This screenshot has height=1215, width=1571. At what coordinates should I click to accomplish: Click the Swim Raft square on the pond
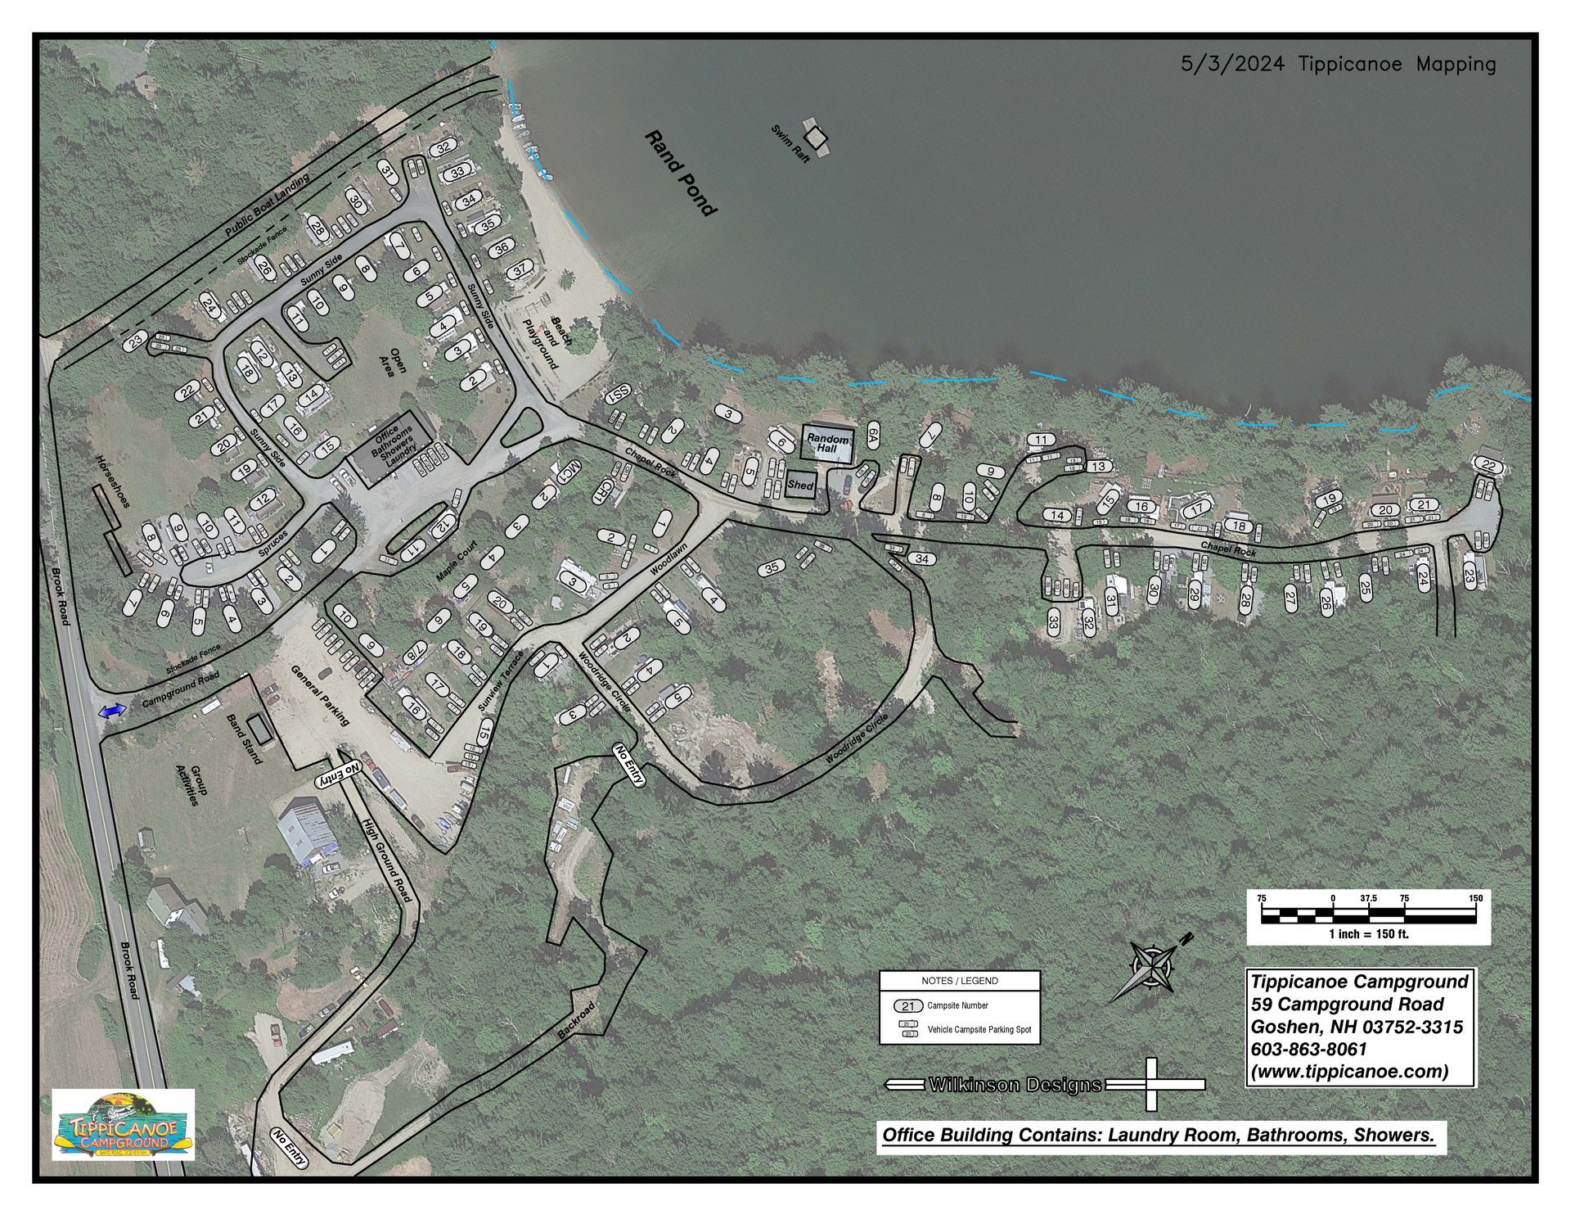tap(817, 135)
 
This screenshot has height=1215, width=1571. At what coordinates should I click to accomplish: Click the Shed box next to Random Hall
tap(799, 486)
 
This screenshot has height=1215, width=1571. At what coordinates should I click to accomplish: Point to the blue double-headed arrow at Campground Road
tap(112, 712)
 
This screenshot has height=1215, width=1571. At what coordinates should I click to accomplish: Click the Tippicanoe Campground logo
tap(123, 1124)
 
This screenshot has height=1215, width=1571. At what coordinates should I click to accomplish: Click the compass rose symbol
tap(1152, 969)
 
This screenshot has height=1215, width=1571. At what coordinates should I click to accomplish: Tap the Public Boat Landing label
tap(267, 206)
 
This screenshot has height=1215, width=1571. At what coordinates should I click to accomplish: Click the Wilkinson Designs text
tap(1015, 1085)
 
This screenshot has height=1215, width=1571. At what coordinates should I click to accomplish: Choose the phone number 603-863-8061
tap(1308, 1050)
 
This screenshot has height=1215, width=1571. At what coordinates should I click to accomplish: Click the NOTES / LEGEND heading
tap(959, 981)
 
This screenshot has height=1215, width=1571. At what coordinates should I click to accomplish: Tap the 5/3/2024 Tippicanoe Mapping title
tap(1338, 64)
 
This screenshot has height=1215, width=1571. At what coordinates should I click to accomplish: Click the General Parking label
tap(321, 695)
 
